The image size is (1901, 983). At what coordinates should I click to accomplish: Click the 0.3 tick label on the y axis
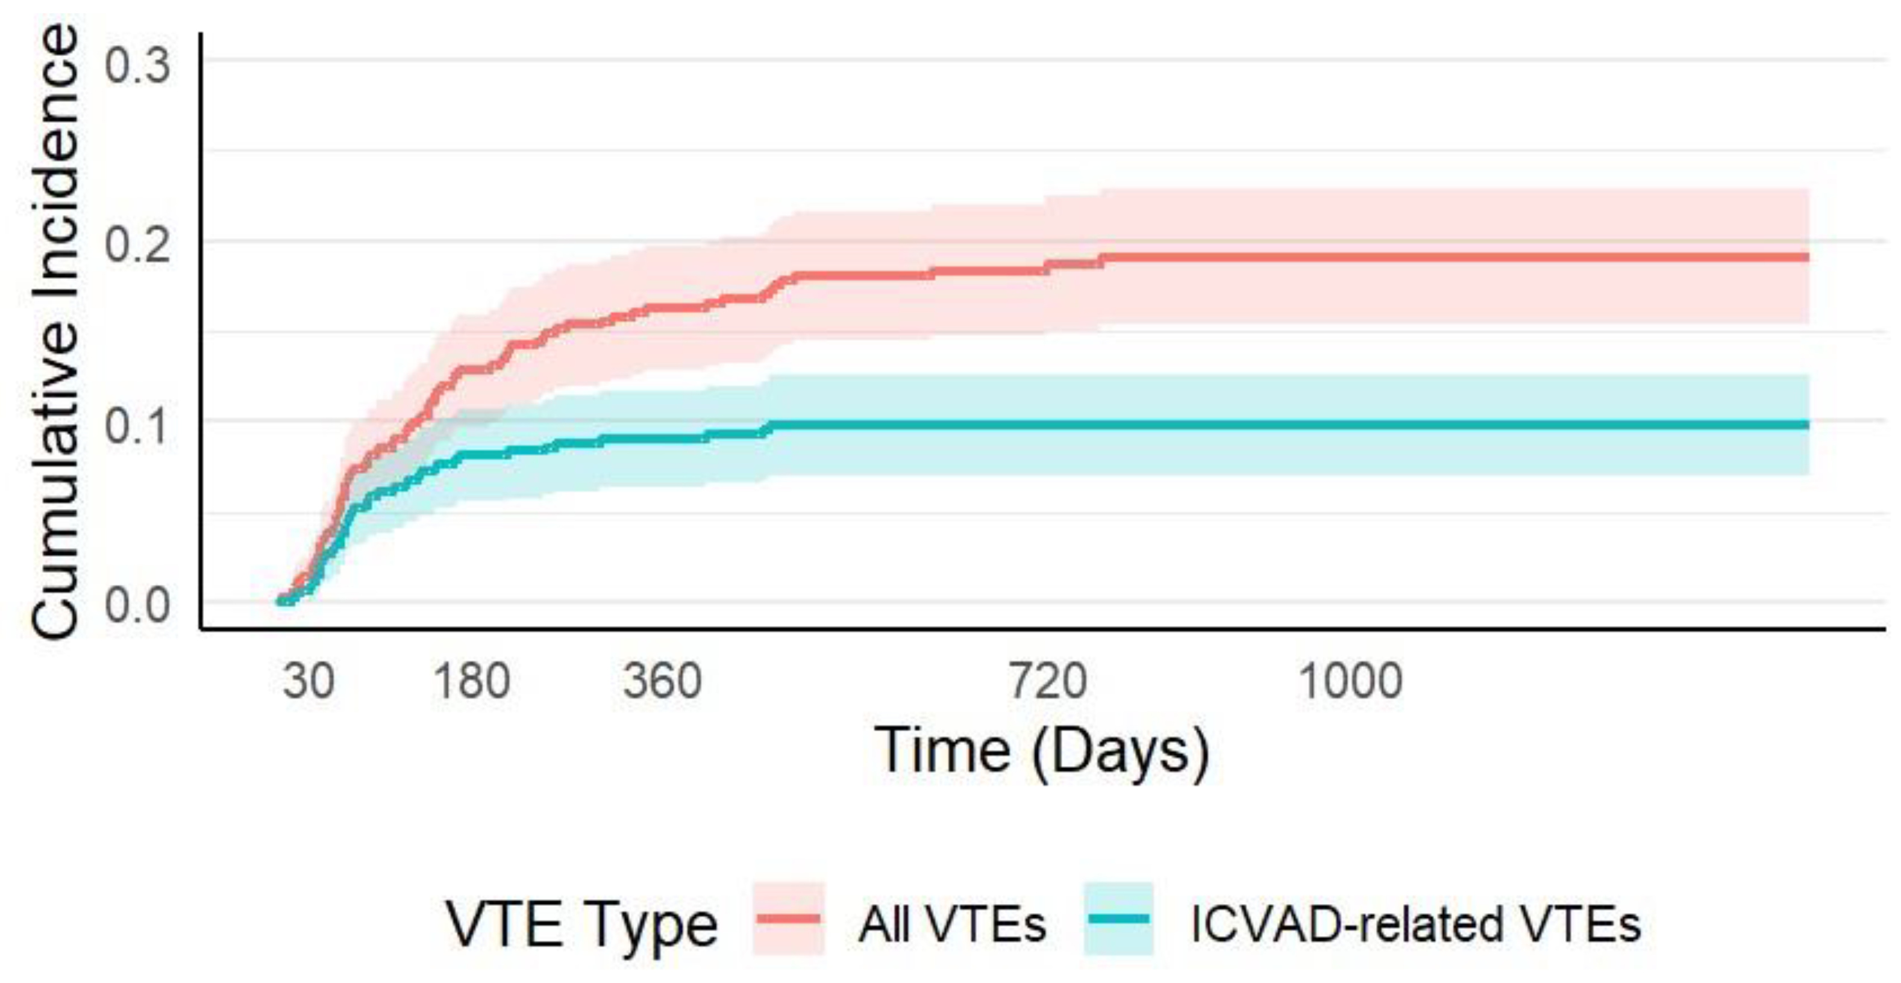(x=137, y=65)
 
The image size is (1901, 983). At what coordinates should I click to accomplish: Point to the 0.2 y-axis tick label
(x=137, y=245)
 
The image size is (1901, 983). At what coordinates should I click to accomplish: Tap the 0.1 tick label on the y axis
(x=137, y=426)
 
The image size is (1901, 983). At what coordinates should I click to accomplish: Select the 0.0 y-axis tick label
(x=137, y=606)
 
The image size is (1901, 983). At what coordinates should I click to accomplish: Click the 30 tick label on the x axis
(x=308, y=681)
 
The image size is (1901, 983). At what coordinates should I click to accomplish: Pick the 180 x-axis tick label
(x=472, y=681)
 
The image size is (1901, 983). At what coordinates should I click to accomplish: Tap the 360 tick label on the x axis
(x=662, y=681)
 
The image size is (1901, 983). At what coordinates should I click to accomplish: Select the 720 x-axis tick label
(x=1047, y=681)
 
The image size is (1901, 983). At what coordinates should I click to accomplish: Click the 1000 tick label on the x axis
(x=1350, y=681)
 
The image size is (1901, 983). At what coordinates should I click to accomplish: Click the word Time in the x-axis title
(x=942, y=751)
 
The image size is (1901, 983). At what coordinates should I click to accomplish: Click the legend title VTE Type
(x=581, y=924)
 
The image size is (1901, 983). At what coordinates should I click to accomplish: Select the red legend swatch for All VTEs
(x=788, y=919)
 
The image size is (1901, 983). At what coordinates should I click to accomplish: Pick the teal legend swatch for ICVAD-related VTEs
(x=1118, y=919)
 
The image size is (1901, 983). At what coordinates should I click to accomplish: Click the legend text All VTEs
(x=952, y=924)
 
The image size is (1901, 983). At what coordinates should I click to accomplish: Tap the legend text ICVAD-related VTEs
(x=1415, y=924)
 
